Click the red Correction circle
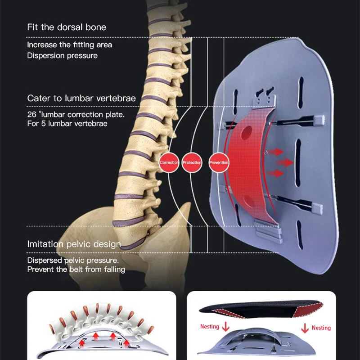coord(170,162)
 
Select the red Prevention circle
coord(219,162)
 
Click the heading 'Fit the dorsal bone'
coord(67,27)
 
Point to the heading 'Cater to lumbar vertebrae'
coord(81,98)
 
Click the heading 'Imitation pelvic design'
coord(74,244)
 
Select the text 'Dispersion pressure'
coord(62,55)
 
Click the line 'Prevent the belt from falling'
coord(76,269)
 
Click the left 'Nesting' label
coord(210,326)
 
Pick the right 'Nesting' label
coord(321,328)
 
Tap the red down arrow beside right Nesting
coord(305,328)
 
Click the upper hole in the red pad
coord(247,133)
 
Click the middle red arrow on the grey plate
coord(284,162)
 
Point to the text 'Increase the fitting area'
coord(69,45)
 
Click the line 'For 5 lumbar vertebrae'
coord(67,123)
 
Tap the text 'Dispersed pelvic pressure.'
coord(73,260)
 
